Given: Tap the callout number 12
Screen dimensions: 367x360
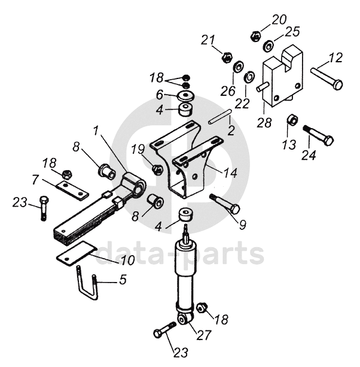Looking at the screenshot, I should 335,59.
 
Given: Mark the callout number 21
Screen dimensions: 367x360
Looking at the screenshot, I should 208,40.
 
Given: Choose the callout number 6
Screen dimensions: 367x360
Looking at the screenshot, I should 160,95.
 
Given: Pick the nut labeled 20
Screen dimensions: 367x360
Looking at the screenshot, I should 255,37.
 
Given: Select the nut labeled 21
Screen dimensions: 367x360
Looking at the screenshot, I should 227,58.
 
